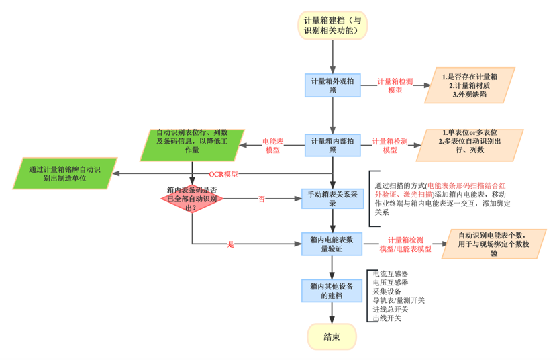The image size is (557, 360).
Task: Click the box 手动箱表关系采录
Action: click(332, 199)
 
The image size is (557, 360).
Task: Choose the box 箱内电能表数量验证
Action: click(332, 244)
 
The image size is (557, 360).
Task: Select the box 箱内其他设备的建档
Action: click(332, 291)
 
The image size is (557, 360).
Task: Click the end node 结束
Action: click(332, 336)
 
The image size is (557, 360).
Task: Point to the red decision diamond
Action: click(192, 199)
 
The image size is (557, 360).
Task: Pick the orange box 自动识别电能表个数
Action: click(493, 244)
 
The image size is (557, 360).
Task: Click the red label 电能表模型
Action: click(272, 146)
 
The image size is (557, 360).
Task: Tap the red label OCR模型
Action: click(223, 174)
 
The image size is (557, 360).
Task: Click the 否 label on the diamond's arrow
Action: click(262, 199)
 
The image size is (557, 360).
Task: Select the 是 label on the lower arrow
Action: click(231, 244)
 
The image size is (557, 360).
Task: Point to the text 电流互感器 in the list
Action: click(391, 274)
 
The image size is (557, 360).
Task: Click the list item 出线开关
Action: click(387, 318)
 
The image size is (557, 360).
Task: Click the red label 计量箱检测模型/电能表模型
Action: click(405, 244)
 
